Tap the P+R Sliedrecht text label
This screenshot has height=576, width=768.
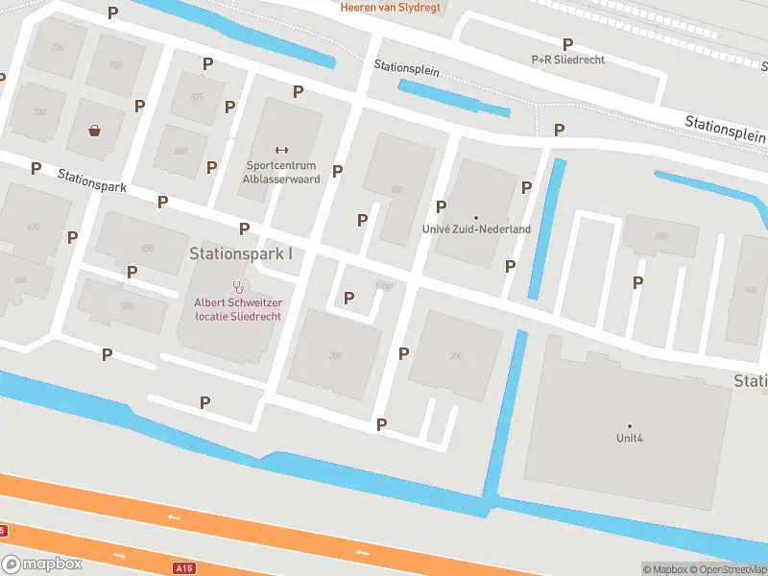click(568, 60)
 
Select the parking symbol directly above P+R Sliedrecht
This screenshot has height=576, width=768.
click(568, 44)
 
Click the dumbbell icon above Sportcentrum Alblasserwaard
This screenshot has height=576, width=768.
click(281, 149)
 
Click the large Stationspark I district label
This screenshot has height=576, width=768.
click(241, 254)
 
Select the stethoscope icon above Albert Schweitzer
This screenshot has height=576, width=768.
click(238, 286)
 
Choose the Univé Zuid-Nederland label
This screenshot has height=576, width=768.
click(476, 229)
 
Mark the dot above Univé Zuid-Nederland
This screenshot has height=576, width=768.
click(476, 217)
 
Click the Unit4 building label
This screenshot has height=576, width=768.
click(630, 438)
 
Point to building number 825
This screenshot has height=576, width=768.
click(198, 97)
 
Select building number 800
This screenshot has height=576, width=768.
click(180, 152)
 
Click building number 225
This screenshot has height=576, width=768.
click(58, 47)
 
